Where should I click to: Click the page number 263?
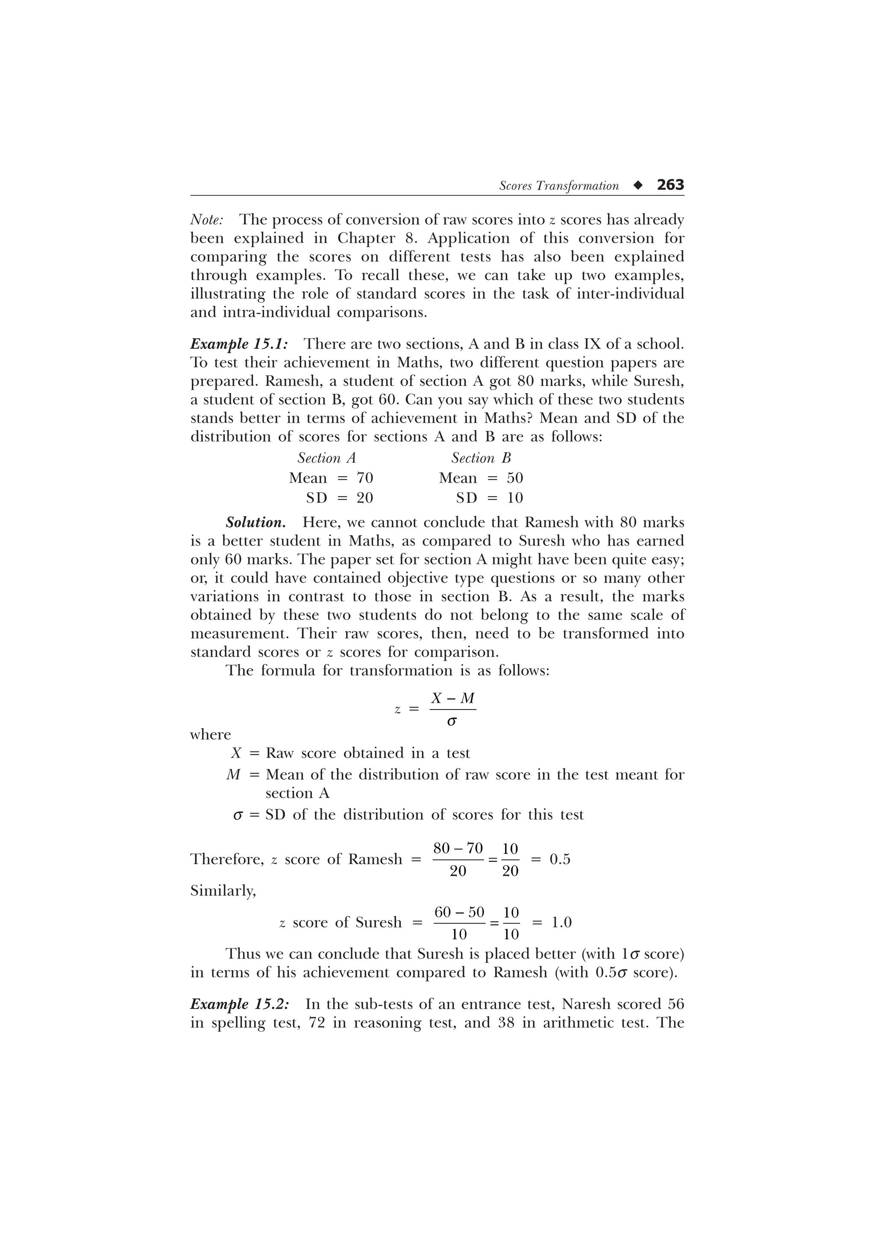[x=670, y=185]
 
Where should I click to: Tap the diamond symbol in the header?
[x=638, y=185]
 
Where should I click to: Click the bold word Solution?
[x=255, y=522]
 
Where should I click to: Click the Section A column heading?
[x=327, y=458]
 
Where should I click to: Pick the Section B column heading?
[x=481, y=458]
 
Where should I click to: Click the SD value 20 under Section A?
[x=364, y=498]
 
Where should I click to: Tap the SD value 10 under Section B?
[x=515, y=498]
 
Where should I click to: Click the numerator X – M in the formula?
[x=453, y=698]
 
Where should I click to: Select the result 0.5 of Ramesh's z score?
[x=560, y=860]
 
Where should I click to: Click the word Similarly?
[x=223, y=891]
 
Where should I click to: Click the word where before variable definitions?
[x=211, y=735]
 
